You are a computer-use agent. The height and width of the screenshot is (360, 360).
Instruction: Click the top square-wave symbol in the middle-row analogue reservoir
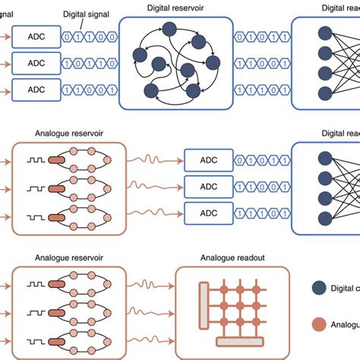tap(35, 159)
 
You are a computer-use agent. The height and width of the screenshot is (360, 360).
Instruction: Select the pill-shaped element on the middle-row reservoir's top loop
tap(57, 159)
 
